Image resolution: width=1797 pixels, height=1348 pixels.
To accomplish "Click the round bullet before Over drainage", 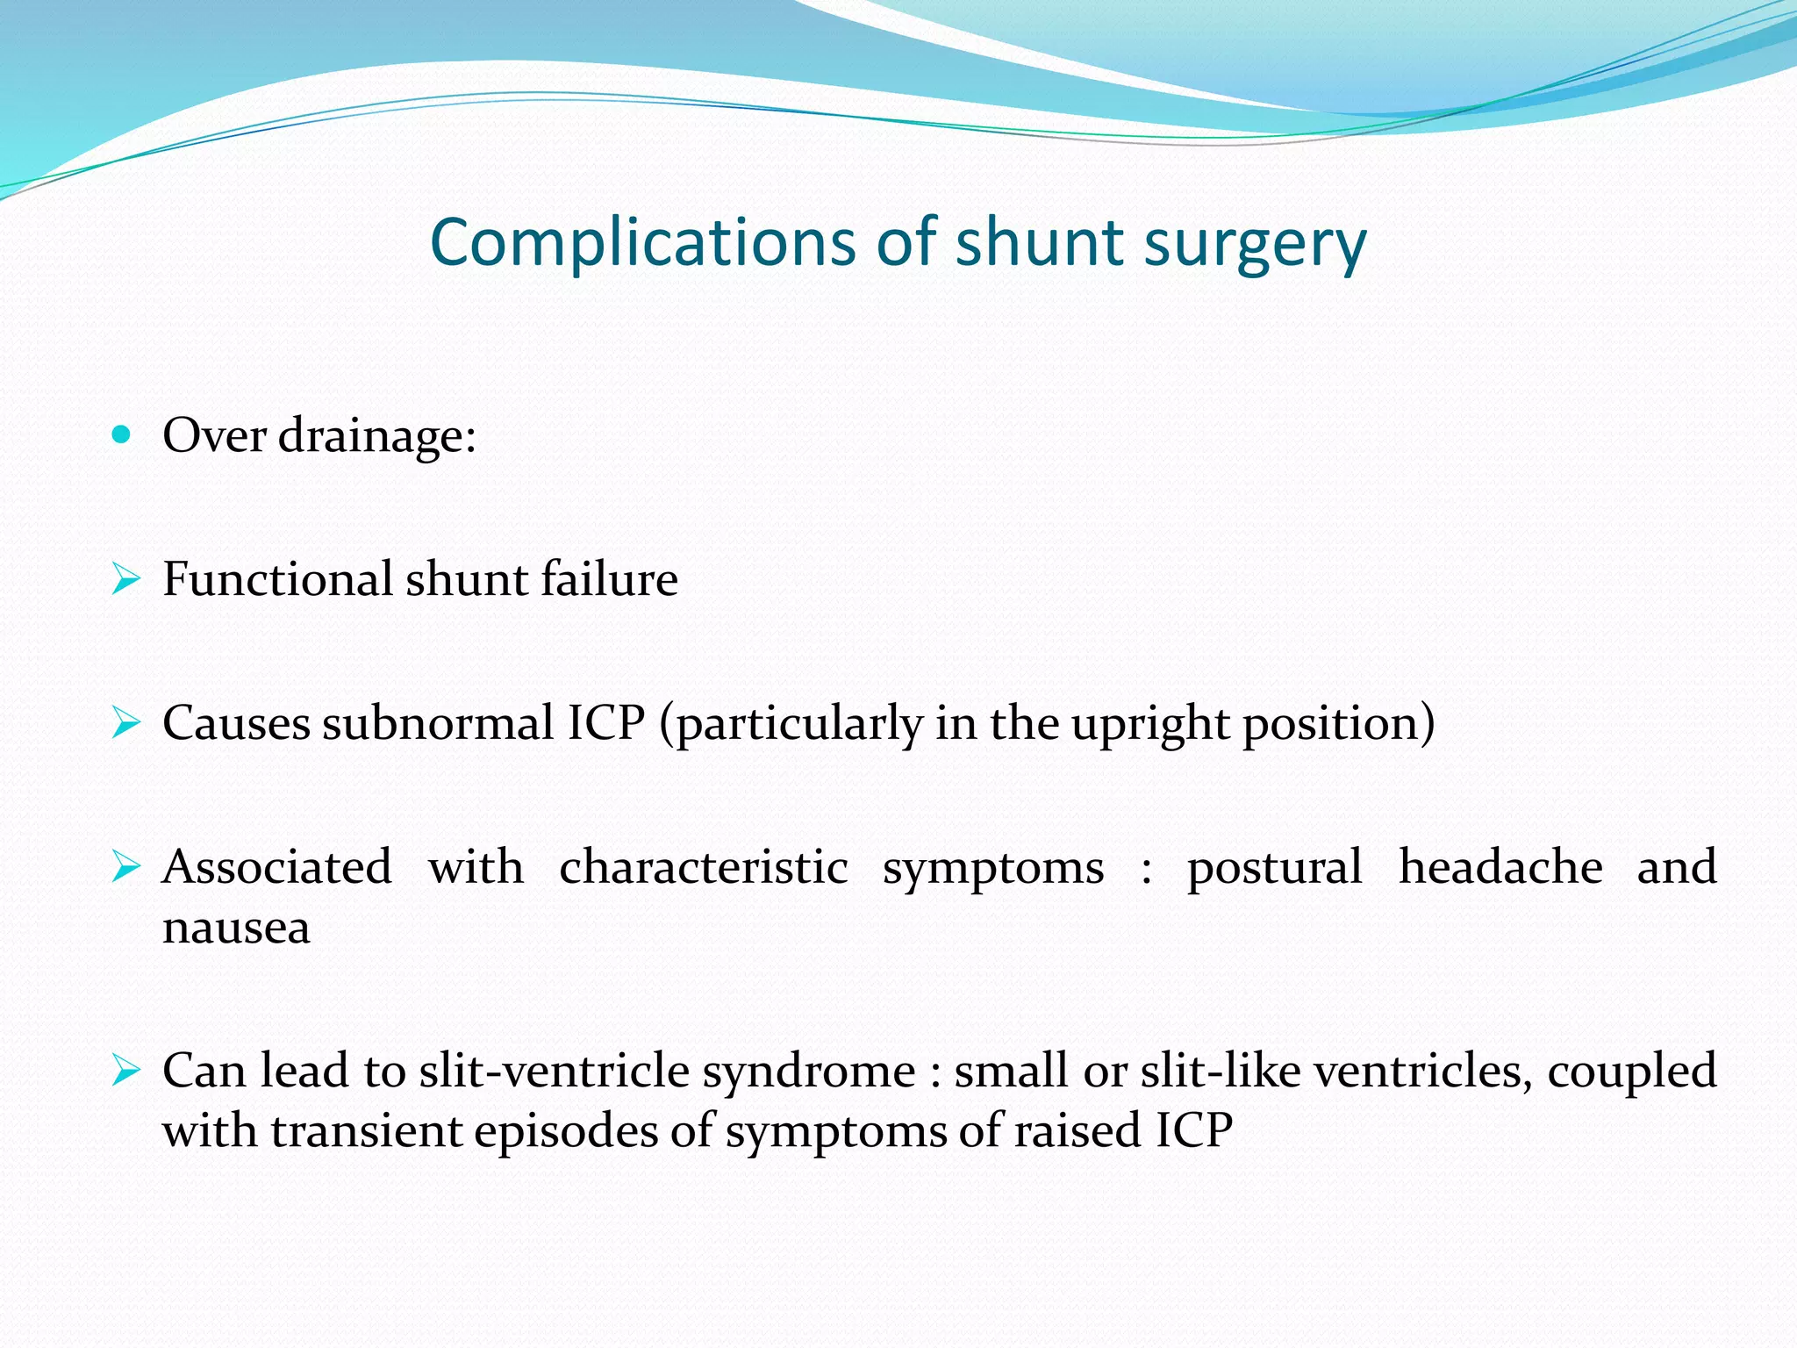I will coord(122,434).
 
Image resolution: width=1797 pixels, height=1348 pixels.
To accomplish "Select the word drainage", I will coord(377,436).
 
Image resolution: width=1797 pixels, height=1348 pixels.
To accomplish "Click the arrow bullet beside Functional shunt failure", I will coord(125,579).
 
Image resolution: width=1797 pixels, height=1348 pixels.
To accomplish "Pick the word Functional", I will coord(277,579).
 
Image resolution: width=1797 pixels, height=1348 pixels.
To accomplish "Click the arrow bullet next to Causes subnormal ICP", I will coord(125,723).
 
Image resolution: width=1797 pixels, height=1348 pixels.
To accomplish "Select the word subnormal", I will coord(439,723).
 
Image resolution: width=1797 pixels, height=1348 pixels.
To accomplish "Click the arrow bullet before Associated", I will coord(125,867).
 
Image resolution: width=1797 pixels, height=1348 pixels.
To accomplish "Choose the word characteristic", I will coord(703,867).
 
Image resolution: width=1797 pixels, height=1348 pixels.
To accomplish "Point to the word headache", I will coord(1500,867).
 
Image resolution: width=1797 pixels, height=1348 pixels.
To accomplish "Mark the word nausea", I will coord(236,929).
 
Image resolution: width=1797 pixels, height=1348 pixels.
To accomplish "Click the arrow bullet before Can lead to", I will coord(125,1071).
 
